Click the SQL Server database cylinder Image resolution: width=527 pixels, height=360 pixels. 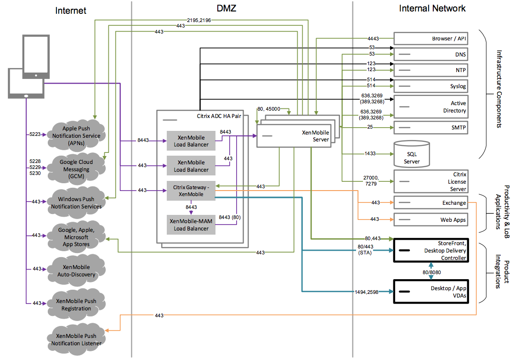tap(412, 154)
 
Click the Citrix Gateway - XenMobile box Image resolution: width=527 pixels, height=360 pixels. tap(191, 191)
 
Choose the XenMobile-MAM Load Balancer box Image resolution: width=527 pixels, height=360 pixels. tap(191, 225)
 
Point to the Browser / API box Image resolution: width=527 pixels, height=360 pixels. tap(431, 39)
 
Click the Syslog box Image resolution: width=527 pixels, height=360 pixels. tap(431, 86)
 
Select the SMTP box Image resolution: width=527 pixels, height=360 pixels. tap(431, 128)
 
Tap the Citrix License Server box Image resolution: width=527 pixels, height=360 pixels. tap(431, 181)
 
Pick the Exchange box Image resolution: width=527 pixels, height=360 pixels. tap(431, 202)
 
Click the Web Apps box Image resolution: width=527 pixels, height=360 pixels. tap(431, 220)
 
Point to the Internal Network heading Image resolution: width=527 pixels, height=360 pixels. tap(432, 9)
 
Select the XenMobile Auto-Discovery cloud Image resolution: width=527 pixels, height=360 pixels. tap(76, 271)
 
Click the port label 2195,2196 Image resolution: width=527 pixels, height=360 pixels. tap(199, 20)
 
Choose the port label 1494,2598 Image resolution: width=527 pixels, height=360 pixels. tap(366, 292)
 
